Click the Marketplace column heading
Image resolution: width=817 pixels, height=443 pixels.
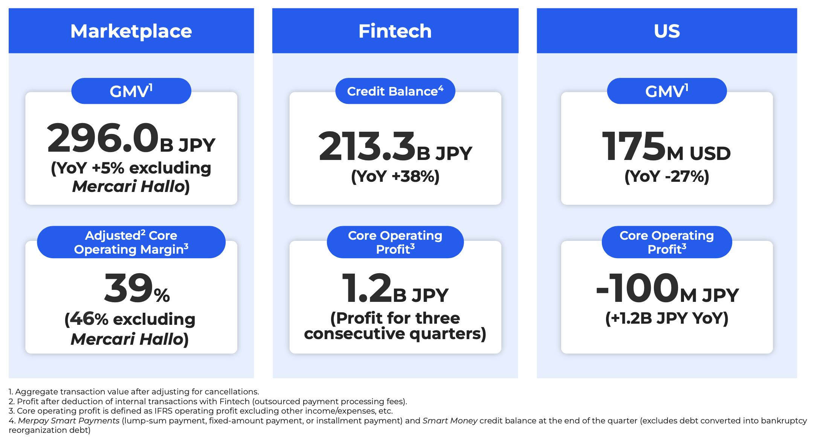(x=131, y=31)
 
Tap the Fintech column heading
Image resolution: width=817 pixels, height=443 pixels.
(x=395, y=31)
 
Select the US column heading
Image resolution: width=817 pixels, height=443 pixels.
(x=667, y=31)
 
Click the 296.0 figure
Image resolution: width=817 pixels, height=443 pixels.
(x=103, y=138)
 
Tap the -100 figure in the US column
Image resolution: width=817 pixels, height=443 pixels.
(x=637, y=288)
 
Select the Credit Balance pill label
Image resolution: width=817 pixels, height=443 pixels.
(x=395, y=91)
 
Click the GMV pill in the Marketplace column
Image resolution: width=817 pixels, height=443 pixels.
(x=131, y=91)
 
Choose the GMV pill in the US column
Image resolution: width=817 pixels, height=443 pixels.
(x=667, y=91)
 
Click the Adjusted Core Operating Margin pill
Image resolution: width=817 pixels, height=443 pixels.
(x=131, y=242)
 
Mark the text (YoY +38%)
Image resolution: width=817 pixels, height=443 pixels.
(x=395, y=176)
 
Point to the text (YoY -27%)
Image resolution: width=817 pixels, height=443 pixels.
(x=667, y=176)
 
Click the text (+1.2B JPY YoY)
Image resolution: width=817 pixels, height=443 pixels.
(x=667, y=318)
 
